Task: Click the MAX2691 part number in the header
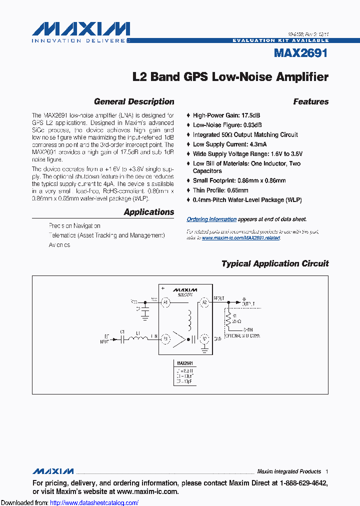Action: tap(300, 52)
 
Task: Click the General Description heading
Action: tap(134, 101)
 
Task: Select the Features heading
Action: tap(310, 101)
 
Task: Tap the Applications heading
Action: tap(149, 212)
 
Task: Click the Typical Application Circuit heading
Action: tap(275, 263)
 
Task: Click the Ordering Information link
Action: tap(211, 219)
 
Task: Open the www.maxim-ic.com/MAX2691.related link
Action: tap(241, 238)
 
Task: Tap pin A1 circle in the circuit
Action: tap(165, 302)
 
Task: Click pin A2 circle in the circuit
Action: tap(204, 301)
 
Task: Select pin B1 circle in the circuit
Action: tap(165, 339)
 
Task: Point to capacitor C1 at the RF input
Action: tap(122, 338)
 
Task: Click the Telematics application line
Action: tap(106, 235)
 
